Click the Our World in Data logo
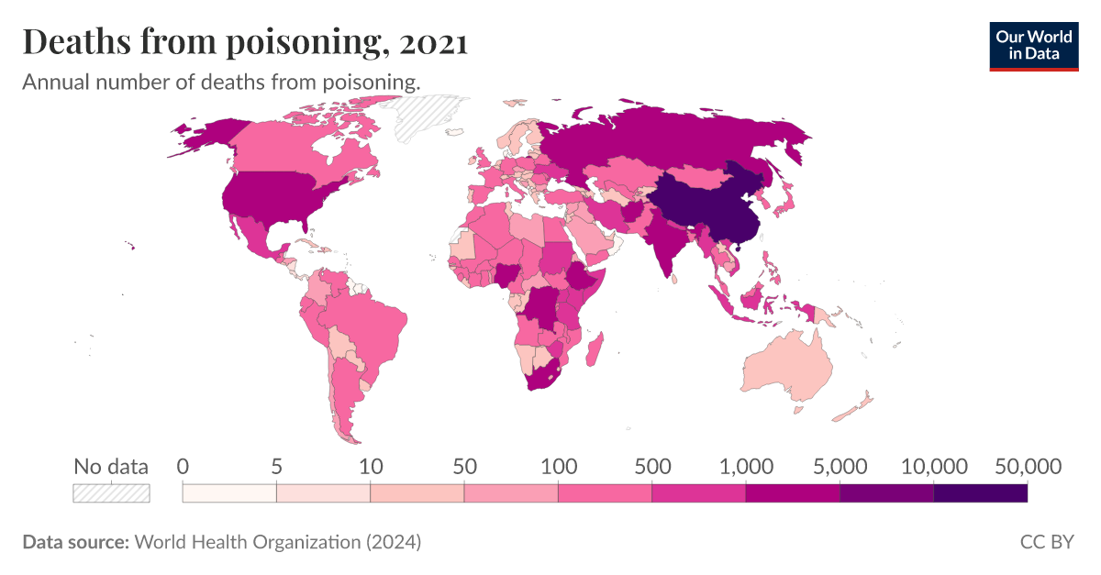point(1035,45)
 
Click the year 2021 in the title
point(430,42)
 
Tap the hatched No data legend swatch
point(111,493)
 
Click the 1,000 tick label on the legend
point(745,466)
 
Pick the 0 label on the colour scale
point(183,466)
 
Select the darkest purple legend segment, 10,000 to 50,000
point(980,493)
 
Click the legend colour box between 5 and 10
point(323,493)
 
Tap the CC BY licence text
point(1046,542)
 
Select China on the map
point(706,206)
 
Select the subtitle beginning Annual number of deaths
point(221,82)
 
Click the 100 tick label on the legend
point(558,466)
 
